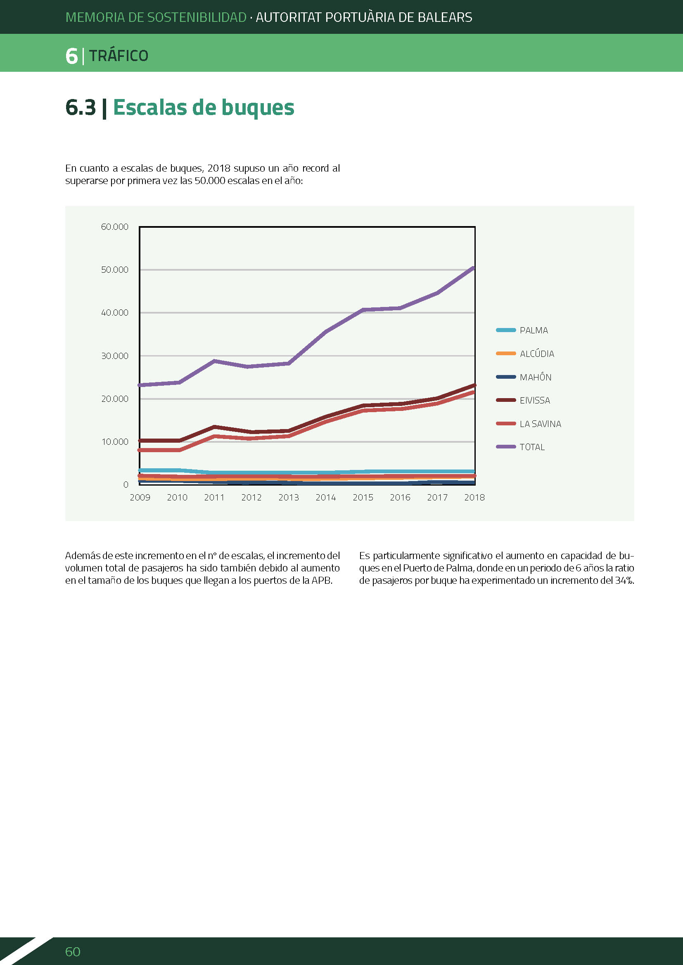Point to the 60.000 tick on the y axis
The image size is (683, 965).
click(114, 227)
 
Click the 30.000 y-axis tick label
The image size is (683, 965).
click(114, 356)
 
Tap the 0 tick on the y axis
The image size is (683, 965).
click(126, 485)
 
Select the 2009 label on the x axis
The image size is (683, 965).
click(140, 498)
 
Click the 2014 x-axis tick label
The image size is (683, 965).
click(326, 498)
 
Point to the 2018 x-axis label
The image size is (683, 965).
click(474, 498)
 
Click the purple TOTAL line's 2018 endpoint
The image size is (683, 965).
click(474, 268)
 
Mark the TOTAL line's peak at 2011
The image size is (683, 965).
click(214, 361)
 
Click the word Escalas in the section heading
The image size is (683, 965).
click(150, 107)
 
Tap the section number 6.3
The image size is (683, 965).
click(81, 107)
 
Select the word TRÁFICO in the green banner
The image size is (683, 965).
click(119, 55)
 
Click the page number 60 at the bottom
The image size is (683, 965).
click(73, 951)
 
